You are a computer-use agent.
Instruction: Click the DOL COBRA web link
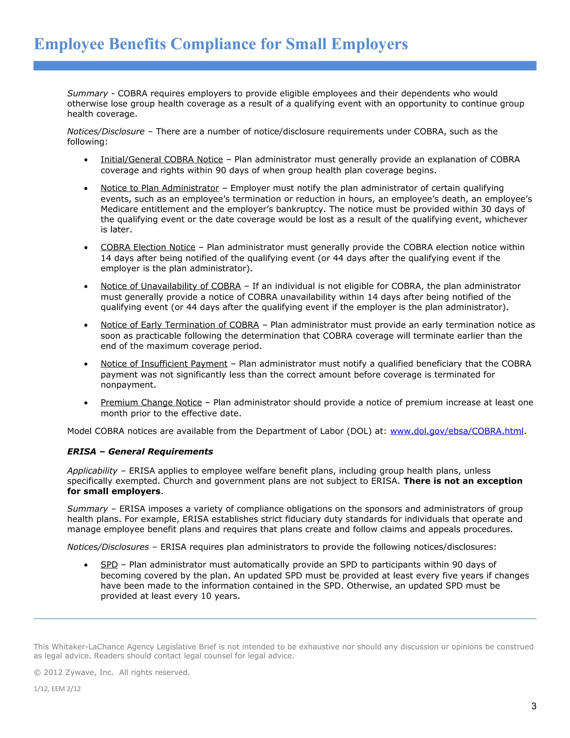(x=456, y=431)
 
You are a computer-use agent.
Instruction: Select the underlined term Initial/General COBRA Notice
(x=162, y=160)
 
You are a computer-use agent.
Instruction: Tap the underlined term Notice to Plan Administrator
(x=160, y=188)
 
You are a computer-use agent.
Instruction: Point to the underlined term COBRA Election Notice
(x=148, y=247)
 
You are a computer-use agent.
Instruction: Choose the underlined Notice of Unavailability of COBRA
(x=171, y=286)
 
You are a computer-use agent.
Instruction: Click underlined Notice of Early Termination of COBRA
(x=180, y=325)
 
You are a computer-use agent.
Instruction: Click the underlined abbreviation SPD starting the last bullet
(x=109, y=565)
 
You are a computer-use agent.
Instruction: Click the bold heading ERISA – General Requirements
(x=140, y=452)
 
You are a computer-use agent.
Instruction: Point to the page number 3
(x=534, y=706)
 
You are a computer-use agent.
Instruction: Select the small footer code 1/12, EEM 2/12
(x=57, y=689)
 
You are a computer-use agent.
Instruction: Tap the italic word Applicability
(x=92, y=471)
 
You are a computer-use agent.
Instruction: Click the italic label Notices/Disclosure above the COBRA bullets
(x=106, y=131)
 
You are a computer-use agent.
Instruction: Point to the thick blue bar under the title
(x=285, y=65)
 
